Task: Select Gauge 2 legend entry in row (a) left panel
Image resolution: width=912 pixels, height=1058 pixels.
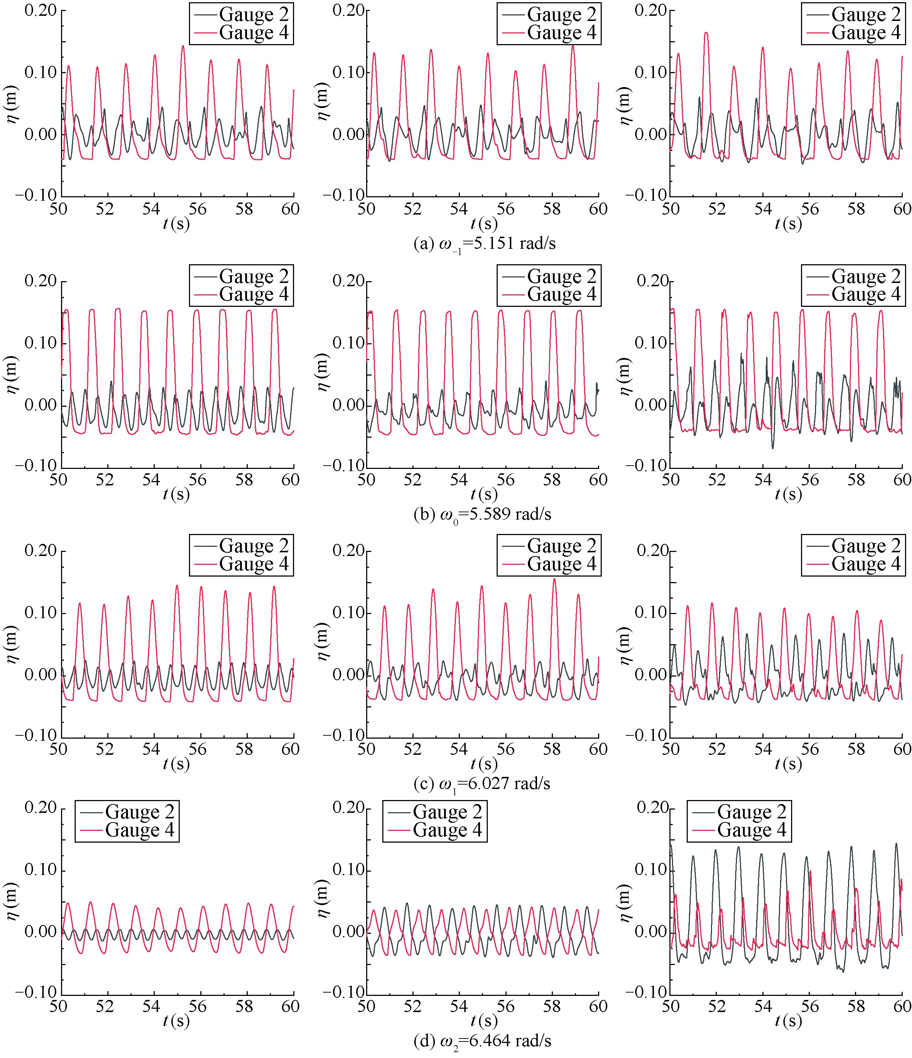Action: (253, 14)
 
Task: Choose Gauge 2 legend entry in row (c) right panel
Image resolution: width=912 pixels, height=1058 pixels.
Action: (866, 546)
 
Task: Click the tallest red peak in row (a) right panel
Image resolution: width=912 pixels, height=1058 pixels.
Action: (706, 33)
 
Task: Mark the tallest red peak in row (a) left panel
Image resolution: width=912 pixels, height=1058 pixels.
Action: (183, 46)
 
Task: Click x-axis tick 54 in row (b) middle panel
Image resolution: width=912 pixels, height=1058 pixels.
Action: (459, 480)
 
